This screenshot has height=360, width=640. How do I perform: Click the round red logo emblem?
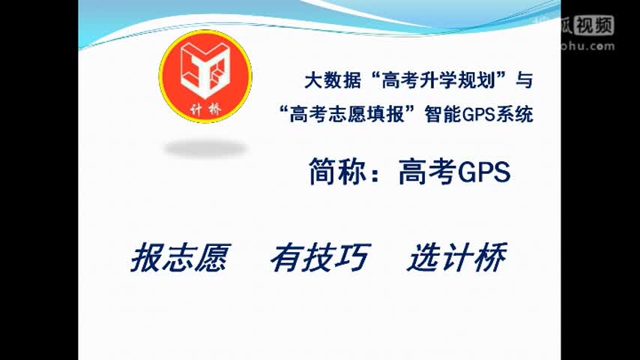pyautogui.click(x=205, y=77)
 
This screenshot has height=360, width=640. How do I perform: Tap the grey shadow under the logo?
pyautogui.click(x=205, y=148)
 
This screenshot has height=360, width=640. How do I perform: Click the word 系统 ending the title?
pyautogui.click(x=514, y=115)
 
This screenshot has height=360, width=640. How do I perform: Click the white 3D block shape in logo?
pyautogui.click(x=205, y=69)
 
